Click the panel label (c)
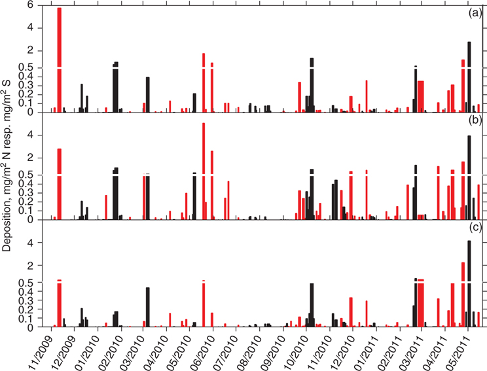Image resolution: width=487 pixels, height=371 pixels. [475, 228]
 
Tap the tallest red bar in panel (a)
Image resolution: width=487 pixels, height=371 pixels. [60, 59]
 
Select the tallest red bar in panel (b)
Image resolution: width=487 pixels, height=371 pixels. [204, 170]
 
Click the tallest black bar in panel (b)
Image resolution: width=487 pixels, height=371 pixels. [469, 177]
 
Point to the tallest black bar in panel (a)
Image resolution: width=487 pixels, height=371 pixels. [469, 77]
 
